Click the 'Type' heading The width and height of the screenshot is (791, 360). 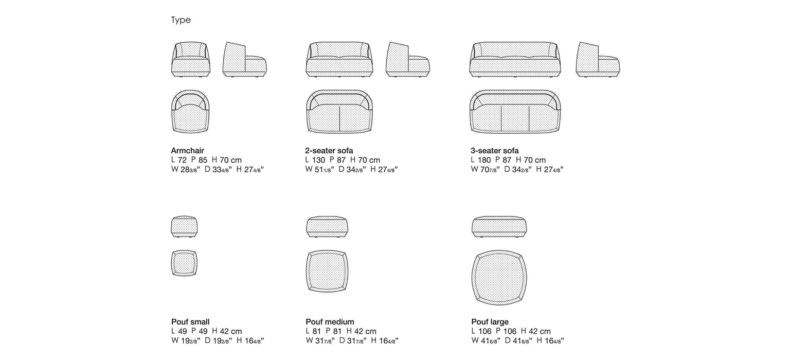coord(181,20)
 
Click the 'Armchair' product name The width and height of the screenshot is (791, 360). coord(188,151)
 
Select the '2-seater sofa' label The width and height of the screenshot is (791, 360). coord(329,151)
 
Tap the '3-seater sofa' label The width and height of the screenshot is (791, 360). coord(495,151)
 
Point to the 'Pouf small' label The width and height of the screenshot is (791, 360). coord(190,322)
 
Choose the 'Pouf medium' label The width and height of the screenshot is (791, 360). coord(330,322)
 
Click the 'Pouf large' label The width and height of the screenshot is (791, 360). coord(490,322)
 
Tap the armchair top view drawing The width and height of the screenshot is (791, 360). coord(191,112)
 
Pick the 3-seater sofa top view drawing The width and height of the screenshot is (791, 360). coord(515,112)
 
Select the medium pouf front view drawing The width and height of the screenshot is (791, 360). coord(327,227)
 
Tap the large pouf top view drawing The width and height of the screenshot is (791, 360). coord(499,277)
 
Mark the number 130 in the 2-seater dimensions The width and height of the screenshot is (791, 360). coord(318,160)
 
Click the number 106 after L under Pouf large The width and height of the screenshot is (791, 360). coord(485,331)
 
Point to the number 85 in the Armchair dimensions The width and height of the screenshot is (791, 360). coord(203,160)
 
